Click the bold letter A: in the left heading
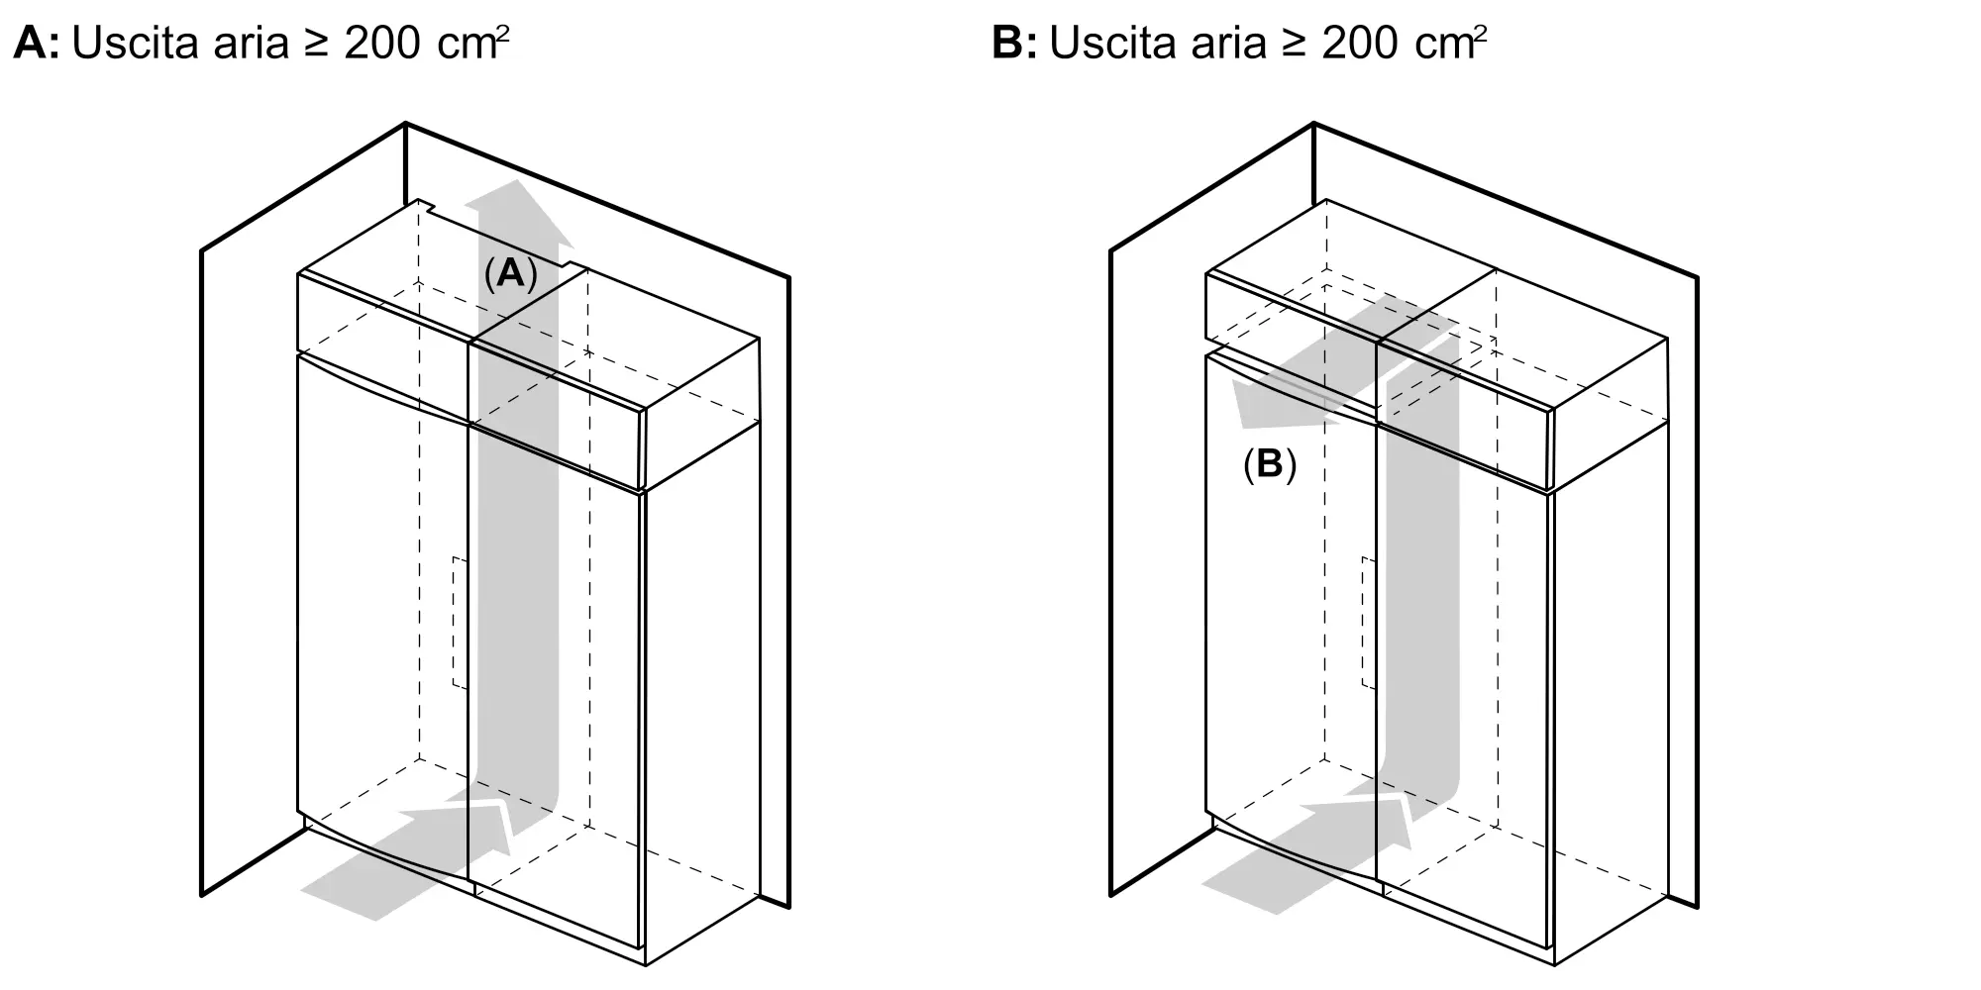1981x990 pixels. coord(36,44)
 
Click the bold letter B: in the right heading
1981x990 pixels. coord(1013,44)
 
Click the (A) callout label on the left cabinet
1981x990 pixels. coord(510,273)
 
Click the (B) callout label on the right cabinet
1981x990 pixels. coord(1269,464)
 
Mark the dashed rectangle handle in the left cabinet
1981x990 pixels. coord(460,623)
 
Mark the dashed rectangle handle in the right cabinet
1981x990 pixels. coord(1368,623)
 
